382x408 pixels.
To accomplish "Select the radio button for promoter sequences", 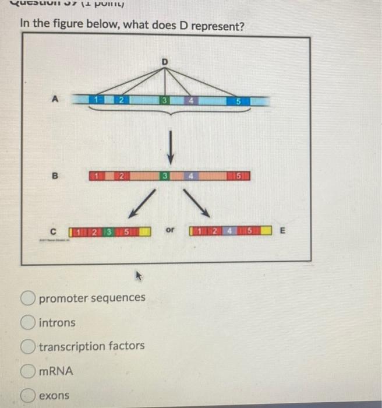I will pos(29,298).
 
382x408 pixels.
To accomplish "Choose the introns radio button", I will pos(29,322).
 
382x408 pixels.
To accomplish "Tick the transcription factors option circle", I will pos(29,346).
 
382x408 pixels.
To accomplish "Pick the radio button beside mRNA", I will pos(29,371).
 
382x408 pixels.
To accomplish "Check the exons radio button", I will pos(29,395).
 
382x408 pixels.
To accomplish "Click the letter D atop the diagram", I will pos(165,61).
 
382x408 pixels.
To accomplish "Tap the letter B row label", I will pos(56,174).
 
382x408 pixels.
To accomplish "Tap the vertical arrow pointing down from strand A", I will pos(170,146).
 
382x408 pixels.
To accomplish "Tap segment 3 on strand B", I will pos(166,175).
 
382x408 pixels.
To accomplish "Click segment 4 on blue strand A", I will pos(190,101).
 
